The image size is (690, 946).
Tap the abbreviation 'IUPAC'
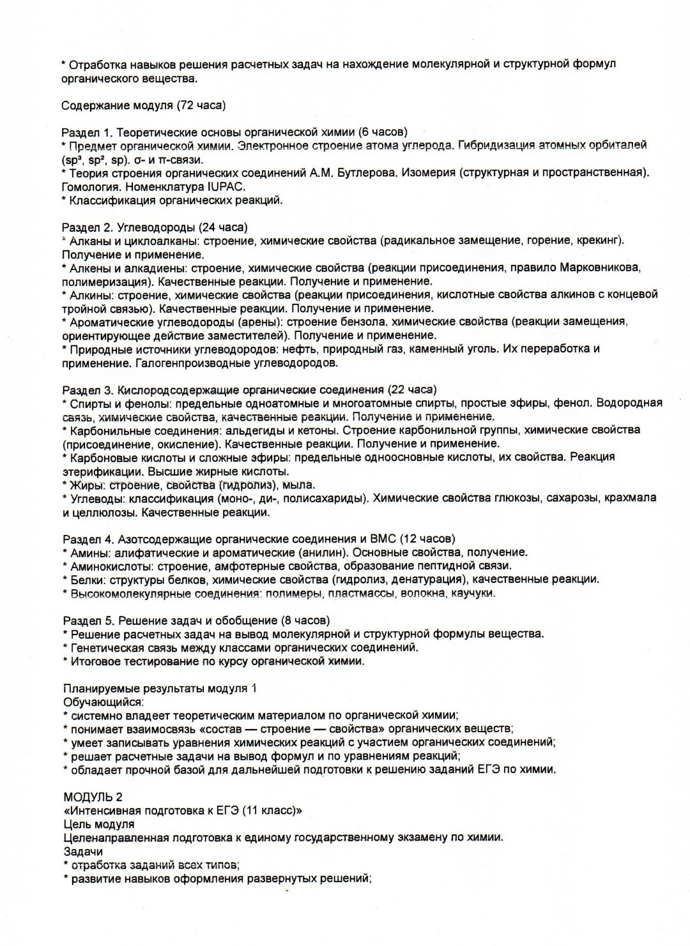click(x=226, y=186)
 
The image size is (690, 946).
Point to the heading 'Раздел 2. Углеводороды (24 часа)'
click(x=155, y=227)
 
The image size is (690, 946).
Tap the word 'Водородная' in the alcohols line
click(x=629, y=403)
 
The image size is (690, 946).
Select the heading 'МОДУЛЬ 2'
click(x=93, y=797)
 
